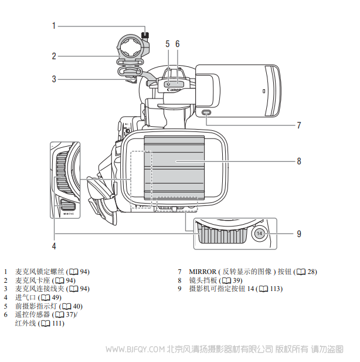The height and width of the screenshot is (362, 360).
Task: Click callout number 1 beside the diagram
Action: click(x=53, y=25)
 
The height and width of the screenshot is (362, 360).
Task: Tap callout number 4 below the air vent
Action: click(x=53, y=246)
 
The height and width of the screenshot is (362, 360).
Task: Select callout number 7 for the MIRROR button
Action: click(x=298, y=125)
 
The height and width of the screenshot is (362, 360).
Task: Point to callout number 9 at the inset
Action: click(x=298, y=234)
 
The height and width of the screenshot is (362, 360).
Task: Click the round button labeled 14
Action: click(x=260, y=234)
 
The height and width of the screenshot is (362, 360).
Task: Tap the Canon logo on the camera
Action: click(x=174, y=90)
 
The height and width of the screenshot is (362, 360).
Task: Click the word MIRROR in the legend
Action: click(x=203, y=272)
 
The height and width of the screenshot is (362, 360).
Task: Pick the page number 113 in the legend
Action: click(x=276, y=289)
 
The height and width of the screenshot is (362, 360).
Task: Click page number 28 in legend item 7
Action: click(x=311, y=272)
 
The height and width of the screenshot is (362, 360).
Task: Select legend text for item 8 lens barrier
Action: click(x=202, y=280)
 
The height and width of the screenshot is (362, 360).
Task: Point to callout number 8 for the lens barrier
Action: click(x=298, y=160)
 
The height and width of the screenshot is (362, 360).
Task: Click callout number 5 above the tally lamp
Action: click(x=167, y=43)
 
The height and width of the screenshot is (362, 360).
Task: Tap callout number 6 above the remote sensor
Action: click(x=177, y=43)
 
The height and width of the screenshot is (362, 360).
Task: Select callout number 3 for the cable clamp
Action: click(x=53, y=79)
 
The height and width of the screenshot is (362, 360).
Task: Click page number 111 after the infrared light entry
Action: click(x=57, y=323)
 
